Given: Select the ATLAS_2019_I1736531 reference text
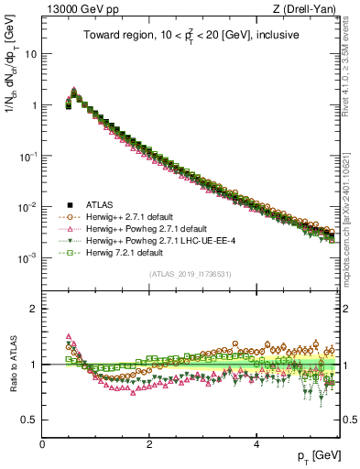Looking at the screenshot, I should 192,274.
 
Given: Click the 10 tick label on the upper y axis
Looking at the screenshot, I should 30,53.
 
